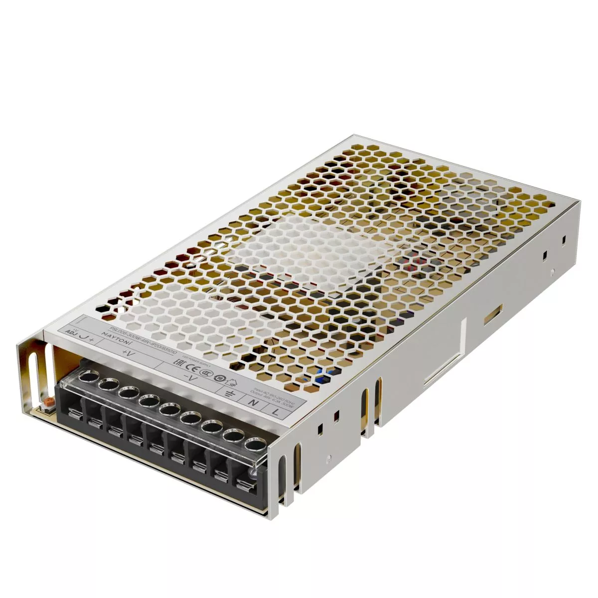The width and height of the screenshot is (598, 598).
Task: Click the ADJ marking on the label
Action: [68, 332]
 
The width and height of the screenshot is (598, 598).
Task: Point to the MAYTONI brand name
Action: [112, 337]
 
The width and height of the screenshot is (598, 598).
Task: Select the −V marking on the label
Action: [188, 377]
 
